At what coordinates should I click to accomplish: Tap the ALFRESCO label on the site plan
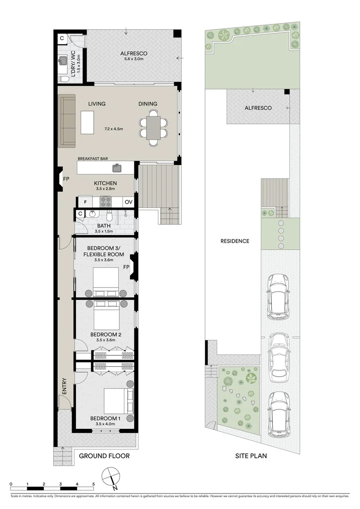pyautogui.click(x=258, y=108)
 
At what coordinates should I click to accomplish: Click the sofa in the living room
pyautogui.click(x=66, y=121)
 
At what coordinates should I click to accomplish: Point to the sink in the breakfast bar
pyautogui.click(x=116, y=167)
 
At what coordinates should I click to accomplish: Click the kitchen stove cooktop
pyautogui.click(x=106, y=202)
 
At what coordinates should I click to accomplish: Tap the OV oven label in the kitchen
pyautogui.click(x=128, y=202)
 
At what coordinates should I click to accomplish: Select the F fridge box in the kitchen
pyautogui.click(x=85, y=202)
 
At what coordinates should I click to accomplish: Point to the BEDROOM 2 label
pyautogui.click(x=106, y=335)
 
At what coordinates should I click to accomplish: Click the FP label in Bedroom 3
pyautogui.click(x=126, y=267)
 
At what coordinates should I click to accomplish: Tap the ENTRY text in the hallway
pyautogui.click(x=64, y=386)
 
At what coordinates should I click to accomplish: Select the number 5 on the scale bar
pyautogui.click(x=93, y=484)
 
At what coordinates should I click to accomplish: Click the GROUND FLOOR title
pyautogui.click(x=104, y=456)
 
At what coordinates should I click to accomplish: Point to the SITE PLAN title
pyautogui.click(x=251, y=456)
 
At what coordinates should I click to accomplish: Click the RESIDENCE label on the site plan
pyautogui.click(x=235, y=241)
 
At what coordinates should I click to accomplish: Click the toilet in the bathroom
pyautogui.click(x=109, y=216)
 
